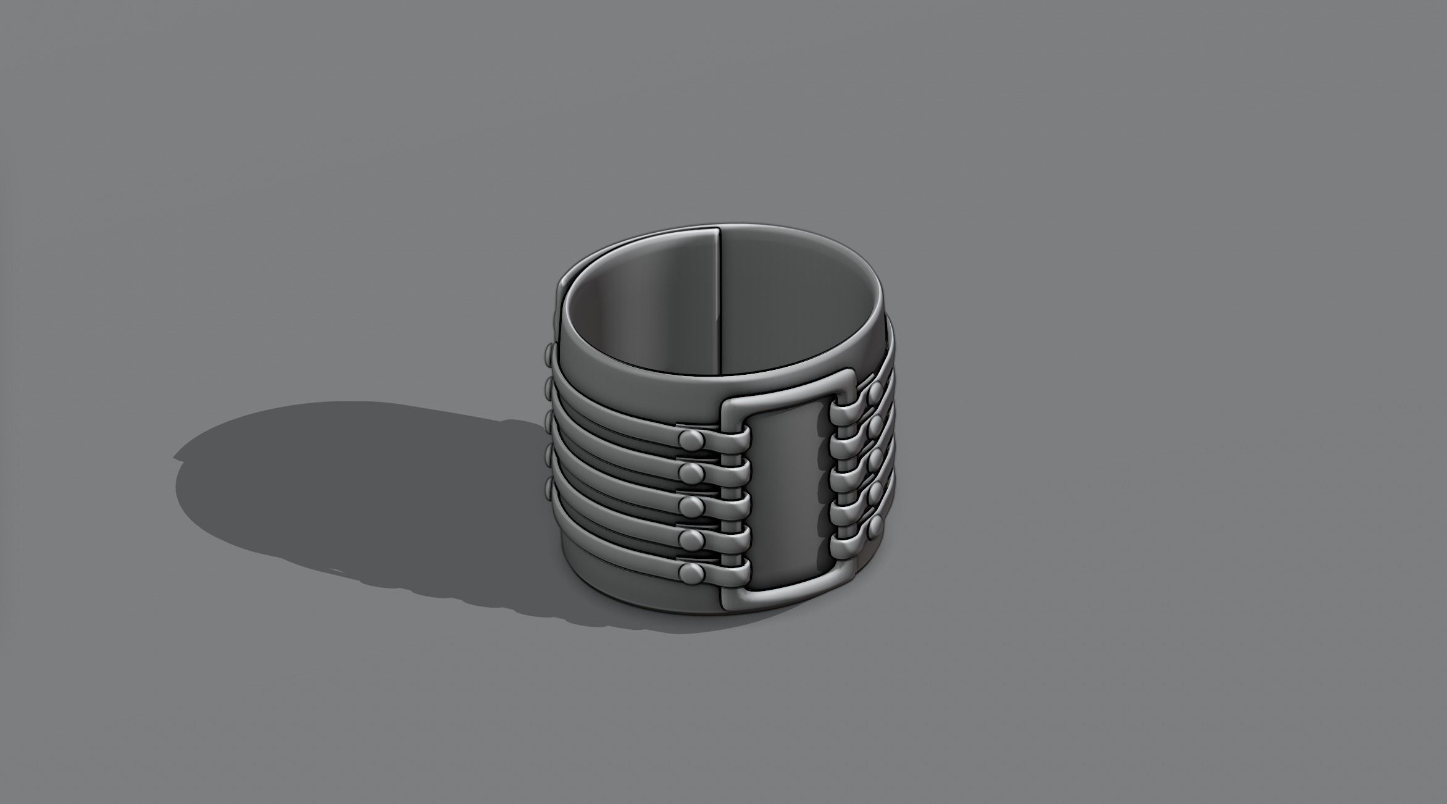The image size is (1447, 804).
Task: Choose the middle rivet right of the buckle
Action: [x=876, y=459]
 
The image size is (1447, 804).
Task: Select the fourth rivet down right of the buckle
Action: [x=876, y=492]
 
